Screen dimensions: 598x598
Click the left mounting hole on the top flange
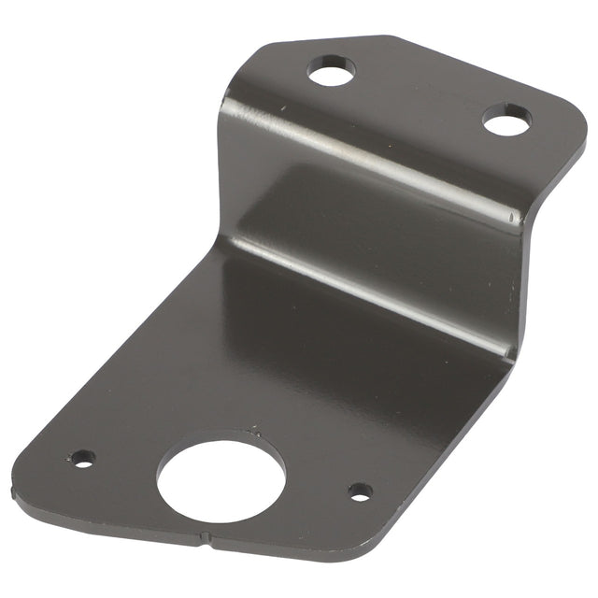(332, 70)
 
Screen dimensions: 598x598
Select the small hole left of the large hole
(83, 459)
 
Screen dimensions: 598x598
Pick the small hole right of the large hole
(360, 491)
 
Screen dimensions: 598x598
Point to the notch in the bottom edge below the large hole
(205, 537)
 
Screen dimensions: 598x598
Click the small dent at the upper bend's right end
(512, 221)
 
